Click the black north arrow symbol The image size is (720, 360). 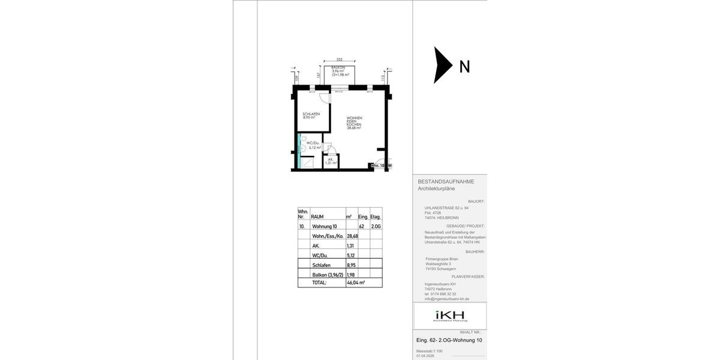[443, 65]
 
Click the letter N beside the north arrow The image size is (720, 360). [464, 67]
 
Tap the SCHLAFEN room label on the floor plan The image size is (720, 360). [311, 114]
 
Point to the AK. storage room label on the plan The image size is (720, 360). [331, 159]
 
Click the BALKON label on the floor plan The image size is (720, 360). [338, 68]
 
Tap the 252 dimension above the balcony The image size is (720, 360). [339, 59]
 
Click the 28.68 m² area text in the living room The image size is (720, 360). [353, 128]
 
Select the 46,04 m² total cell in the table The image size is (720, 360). [356, 283]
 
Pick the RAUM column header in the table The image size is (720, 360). [318, 217]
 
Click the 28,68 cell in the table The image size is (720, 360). [352, 236]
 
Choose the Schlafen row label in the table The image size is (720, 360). [321, 265]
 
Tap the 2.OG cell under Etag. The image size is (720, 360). [376, 226]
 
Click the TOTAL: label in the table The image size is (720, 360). [319, 283]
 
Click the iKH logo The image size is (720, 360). [450, 316]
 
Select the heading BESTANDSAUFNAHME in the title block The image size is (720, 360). [446, 181]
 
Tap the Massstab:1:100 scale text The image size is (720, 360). [430, 351]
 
